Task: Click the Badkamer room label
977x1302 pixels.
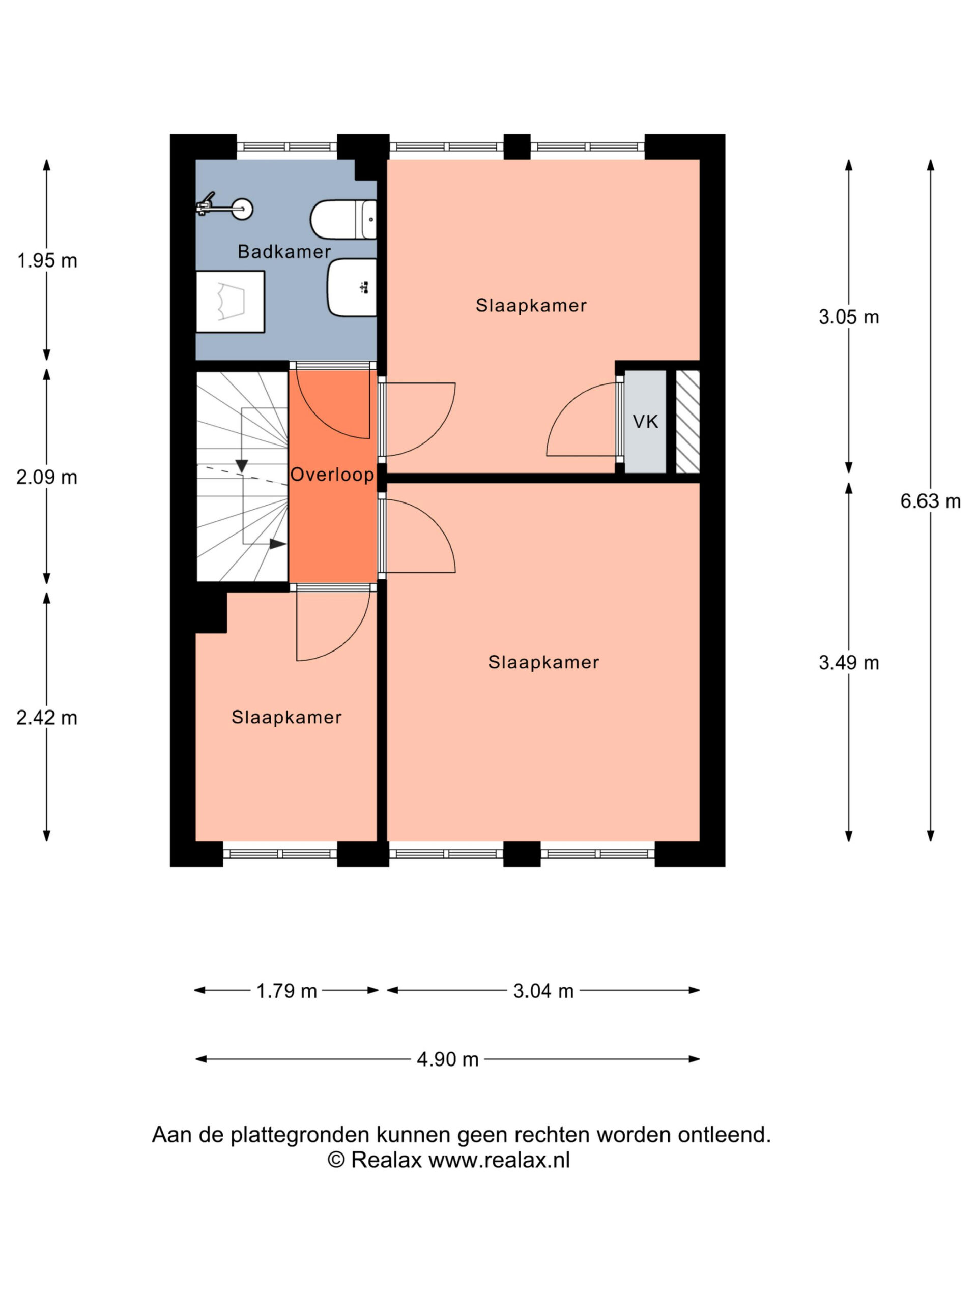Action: (x=284, y=252)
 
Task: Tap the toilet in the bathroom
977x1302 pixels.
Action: (x=343, y=220)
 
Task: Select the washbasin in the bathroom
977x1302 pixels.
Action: (x=352, y=288)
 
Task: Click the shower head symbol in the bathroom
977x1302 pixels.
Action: (x=224, y=208)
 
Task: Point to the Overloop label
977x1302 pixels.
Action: (x=332, y=475)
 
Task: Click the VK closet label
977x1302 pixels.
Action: (x=645, y=422)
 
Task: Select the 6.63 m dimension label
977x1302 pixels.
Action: (x=930, y=501)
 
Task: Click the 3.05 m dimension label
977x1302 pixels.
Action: (x=849, y=317)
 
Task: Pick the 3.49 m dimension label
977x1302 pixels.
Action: (x=849, y=663)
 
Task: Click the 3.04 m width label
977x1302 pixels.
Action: (x=543, y=991)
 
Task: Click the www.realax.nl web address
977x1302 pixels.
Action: (x=499, y=1160)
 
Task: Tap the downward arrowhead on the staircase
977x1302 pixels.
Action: (x=242, y=465)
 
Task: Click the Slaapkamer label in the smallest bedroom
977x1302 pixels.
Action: (x=286, y=717)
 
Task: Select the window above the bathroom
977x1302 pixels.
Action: (x=287, y=146)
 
